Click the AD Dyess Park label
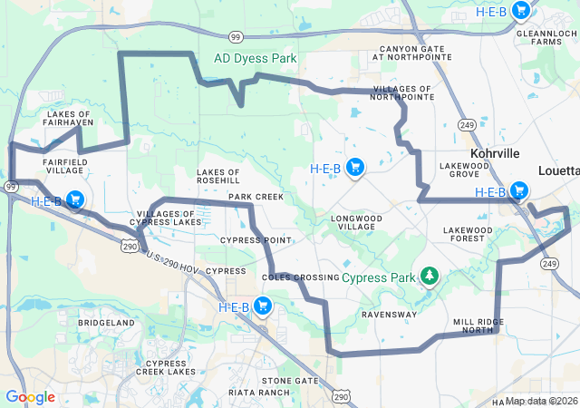point(255,58)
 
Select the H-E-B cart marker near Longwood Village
point(355,167)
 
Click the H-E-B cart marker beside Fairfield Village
point(74,200)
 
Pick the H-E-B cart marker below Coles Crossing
point(263,306)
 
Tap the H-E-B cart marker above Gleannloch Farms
point(520,11)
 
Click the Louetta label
point(558,170)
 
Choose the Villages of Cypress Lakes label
point(169,218)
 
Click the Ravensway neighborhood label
point(389,315)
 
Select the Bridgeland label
point(106,323)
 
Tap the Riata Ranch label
point(261,393)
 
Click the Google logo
point(30,397)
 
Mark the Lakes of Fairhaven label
point(68,120)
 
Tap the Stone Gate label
point(290,381)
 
